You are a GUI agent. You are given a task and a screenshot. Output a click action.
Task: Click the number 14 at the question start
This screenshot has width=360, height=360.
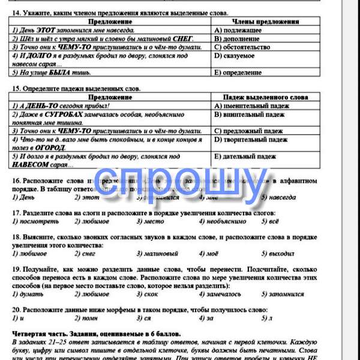pyautogui.click(x=16, y=13)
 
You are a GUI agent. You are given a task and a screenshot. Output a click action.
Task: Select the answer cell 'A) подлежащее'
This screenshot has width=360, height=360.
pyautogui.click(x=238, y=29)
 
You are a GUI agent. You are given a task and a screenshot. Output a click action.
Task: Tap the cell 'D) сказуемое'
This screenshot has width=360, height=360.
pyautogui.click(x=234, y=55)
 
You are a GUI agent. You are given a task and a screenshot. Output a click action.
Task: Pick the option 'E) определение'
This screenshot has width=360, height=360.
pyautogui.click(x=238, y=73)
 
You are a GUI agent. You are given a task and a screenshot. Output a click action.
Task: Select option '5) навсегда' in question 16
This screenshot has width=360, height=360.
pyautogui.click(x=278, y=197)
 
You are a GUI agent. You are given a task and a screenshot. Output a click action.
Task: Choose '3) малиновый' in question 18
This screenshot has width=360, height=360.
pyautogui.click(x=157, y=254)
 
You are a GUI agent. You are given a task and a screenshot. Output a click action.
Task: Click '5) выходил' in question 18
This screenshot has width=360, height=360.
pyautogui.click(x=278, y=254)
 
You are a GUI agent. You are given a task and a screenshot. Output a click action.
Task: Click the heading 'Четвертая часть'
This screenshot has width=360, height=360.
pyautogui.click(x=42, y=333)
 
